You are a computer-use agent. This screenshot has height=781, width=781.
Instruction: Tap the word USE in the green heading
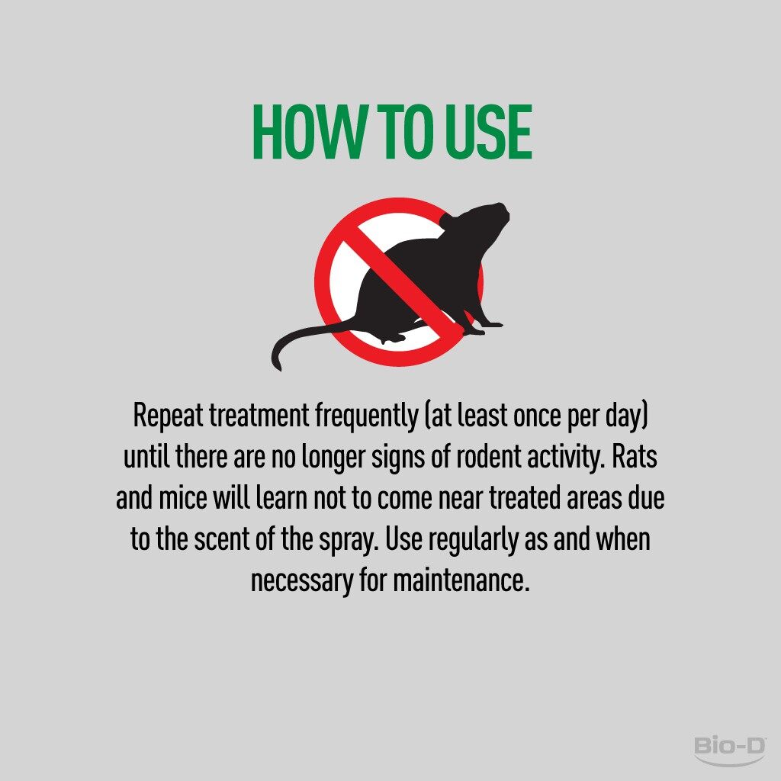point(489,132)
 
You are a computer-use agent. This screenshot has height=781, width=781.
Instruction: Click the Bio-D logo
point(730,750)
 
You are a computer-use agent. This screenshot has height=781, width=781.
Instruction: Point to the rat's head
point(486,218)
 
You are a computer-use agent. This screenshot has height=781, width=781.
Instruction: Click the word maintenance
point(461,580)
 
